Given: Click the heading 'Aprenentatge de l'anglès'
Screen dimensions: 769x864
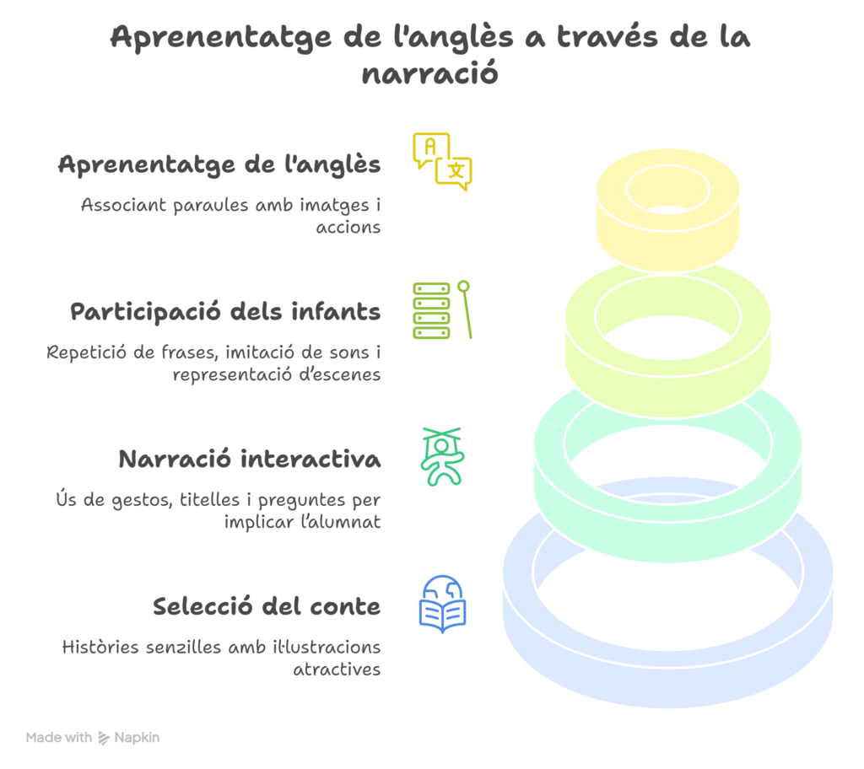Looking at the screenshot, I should click(x=219, y=164).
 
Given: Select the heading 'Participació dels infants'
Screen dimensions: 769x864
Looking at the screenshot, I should click(x=225, y=312).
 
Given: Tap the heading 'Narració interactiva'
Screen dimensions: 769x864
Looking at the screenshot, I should click(x=250, y=460).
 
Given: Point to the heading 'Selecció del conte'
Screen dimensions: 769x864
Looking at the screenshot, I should click(x=267, y=607).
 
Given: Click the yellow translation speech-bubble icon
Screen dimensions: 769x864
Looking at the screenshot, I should click(x=442, y=162).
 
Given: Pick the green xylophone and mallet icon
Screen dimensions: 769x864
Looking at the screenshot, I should click(x=441, y=310).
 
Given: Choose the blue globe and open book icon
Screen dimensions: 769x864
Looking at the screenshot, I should click(x=442, y=605).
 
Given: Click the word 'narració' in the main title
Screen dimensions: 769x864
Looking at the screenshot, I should click(x=430, y=73).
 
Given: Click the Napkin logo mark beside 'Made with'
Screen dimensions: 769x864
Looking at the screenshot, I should click(x=104, y=738).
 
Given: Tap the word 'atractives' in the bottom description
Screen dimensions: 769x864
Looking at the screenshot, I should click(x=337, y=670).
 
